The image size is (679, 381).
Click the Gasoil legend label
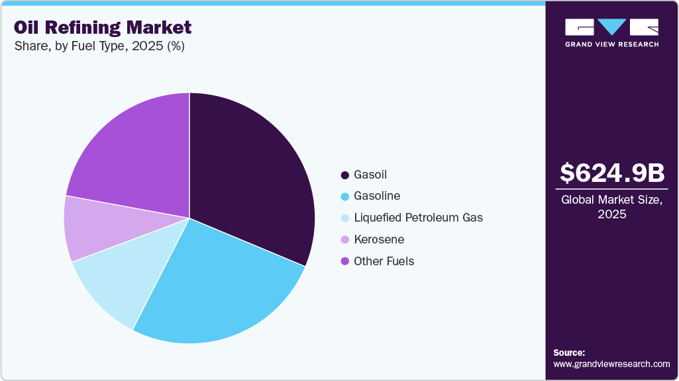(x=370, y=175)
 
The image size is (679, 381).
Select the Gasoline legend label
(x=377, y=196)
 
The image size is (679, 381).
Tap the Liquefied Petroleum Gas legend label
(x=418, y=218)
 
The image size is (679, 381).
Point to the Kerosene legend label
(x=379, y=239)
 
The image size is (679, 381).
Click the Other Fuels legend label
(x=384, y=261)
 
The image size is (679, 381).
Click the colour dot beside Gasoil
(x=344, y=175)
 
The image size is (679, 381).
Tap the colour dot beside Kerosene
(x=344, y=239)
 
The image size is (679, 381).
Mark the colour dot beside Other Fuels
(x=344, y=261)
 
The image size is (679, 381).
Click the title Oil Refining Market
(x=103, y=27)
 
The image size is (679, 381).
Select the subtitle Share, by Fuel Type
(x=99, y=47)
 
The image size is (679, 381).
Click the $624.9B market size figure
(x=612, y=173)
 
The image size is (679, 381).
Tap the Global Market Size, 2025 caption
(x=612, y=206)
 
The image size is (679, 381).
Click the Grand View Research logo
(x=612, y=32)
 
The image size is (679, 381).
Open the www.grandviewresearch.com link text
(x=611, y=364)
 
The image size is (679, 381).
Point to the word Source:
(x=569, y=353)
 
